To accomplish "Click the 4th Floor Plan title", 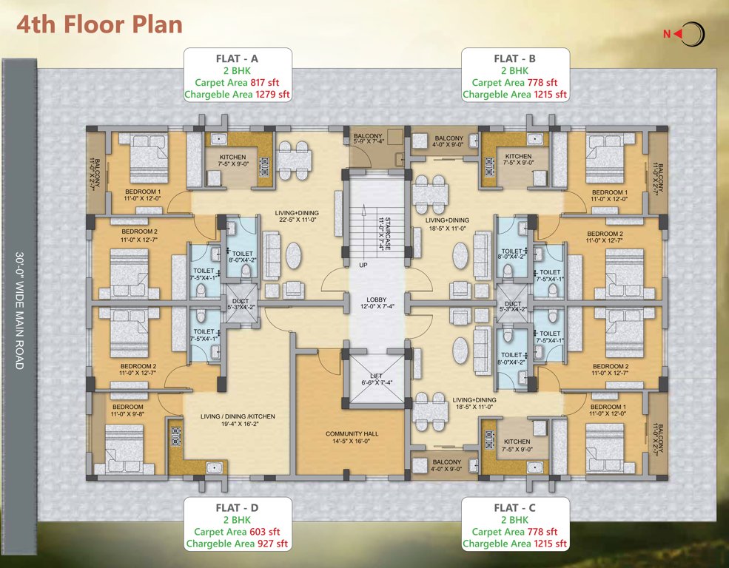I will [x=99, y=24].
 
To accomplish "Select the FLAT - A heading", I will [x=237, y=58].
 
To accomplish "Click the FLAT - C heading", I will [x=515, y=508].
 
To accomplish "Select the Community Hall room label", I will [x=352, y=433].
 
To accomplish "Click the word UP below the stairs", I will [x=363, y=264].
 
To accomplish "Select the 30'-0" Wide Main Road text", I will [x=19, y=311].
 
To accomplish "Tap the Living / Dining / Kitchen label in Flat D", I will [x=238, y=416].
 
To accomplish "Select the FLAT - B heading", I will [x=515, y=58].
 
